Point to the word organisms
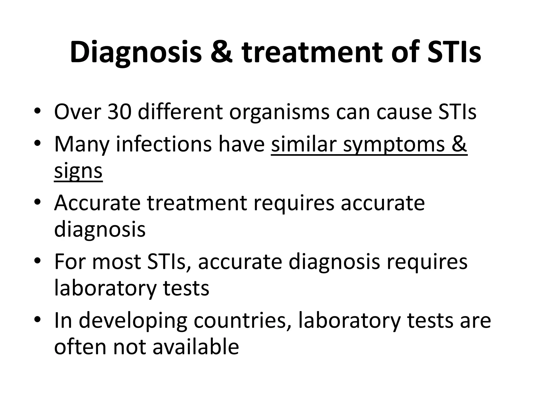point(279,112)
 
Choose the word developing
point(133,321)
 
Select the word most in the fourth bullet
point(116,262)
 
